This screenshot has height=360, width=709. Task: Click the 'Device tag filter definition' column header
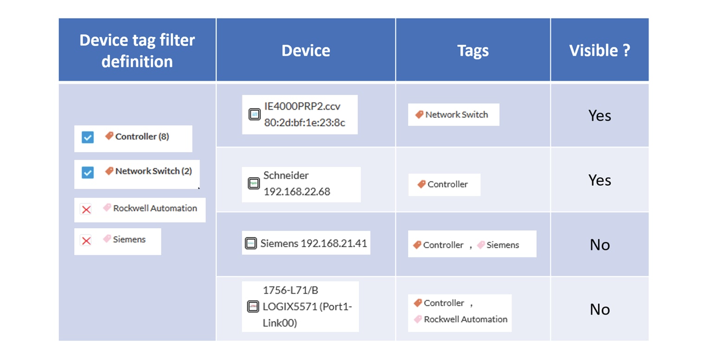(x=137, y=51)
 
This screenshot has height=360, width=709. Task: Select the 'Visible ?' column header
(x=600, y=51)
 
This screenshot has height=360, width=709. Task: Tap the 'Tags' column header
(x=473, y=51)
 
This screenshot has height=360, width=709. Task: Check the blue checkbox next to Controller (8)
(x=88, y=137)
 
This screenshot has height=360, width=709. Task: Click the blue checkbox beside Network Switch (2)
(x=88, y=173)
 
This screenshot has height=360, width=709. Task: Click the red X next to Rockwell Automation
(x=86, y=210)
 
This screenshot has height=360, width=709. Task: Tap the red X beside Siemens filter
(x=86, y=240)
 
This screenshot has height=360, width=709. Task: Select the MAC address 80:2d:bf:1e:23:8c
(x=305, y=123)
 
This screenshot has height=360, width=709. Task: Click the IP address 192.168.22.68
(x=297, y=192)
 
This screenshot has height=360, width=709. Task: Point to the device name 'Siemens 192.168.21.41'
(x=313, y=243)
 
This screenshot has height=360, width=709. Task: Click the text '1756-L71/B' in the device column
(x=290, y=290)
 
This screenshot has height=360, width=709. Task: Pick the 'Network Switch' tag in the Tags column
(x=456, y=115)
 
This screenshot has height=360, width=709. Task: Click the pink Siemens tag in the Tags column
(x=502, y=245)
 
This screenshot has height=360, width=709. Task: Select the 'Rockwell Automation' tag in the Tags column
(x=465, y=319)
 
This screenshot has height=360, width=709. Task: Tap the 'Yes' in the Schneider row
(x=600, y=180)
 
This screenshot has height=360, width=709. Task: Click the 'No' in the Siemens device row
(x=600, y=245)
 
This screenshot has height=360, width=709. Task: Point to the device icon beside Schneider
(x=254, y=184)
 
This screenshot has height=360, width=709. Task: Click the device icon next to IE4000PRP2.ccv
(x=254, y=115)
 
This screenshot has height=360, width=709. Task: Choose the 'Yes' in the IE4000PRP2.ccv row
(x=600, y=116)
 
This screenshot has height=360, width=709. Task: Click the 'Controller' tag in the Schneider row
(x=447, y=184)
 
